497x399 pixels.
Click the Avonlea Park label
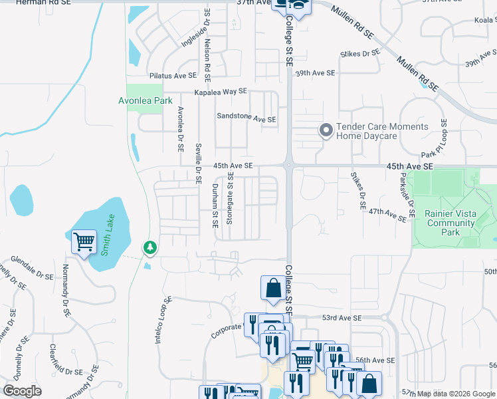click(140, 100)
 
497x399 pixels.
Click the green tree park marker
click(151, 247)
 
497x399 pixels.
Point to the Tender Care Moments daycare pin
click(326, 130)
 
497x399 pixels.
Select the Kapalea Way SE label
click(220, 92)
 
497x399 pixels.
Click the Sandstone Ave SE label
click(247, 118)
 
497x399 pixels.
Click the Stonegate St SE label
click(230, 198)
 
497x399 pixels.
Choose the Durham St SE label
click(215, 205)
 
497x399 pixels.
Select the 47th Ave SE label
click(387, 214)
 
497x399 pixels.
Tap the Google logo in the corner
click(22, 391)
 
